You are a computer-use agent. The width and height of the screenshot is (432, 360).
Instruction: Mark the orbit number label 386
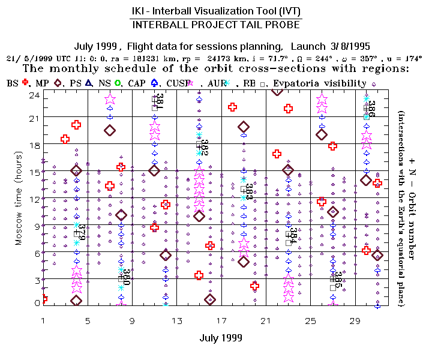pos(371,109)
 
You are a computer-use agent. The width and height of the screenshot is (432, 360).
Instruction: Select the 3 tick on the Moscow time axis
pos(36,280)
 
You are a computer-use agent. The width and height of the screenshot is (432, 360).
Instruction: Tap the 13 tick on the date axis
pos(177,321)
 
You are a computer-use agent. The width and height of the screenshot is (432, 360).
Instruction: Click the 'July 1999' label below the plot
pos(221,338)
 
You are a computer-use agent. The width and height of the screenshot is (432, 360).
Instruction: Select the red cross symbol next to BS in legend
pos(25,83)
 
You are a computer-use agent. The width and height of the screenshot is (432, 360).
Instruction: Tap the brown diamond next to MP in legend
pos(58,83)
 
